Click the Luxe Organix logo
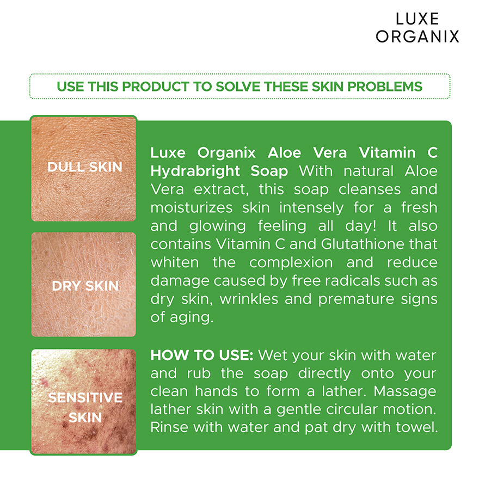click(x=417, y=28)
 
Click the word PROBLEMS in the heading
click(x=385, y=87)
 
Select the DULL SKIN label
click(x=84, y=167)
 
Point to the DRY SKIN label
click(x=85, y=286)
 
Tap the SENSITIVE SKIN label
click(x=85, y=408)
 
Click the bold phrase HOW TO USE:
click(x=201, y=355)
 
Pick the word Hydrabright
click(x=195, y=171)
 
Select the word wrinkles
click(x=249, y=299)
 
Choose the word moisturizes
click(x=192, y=208)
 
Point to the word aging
click(x=192, y=318)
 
